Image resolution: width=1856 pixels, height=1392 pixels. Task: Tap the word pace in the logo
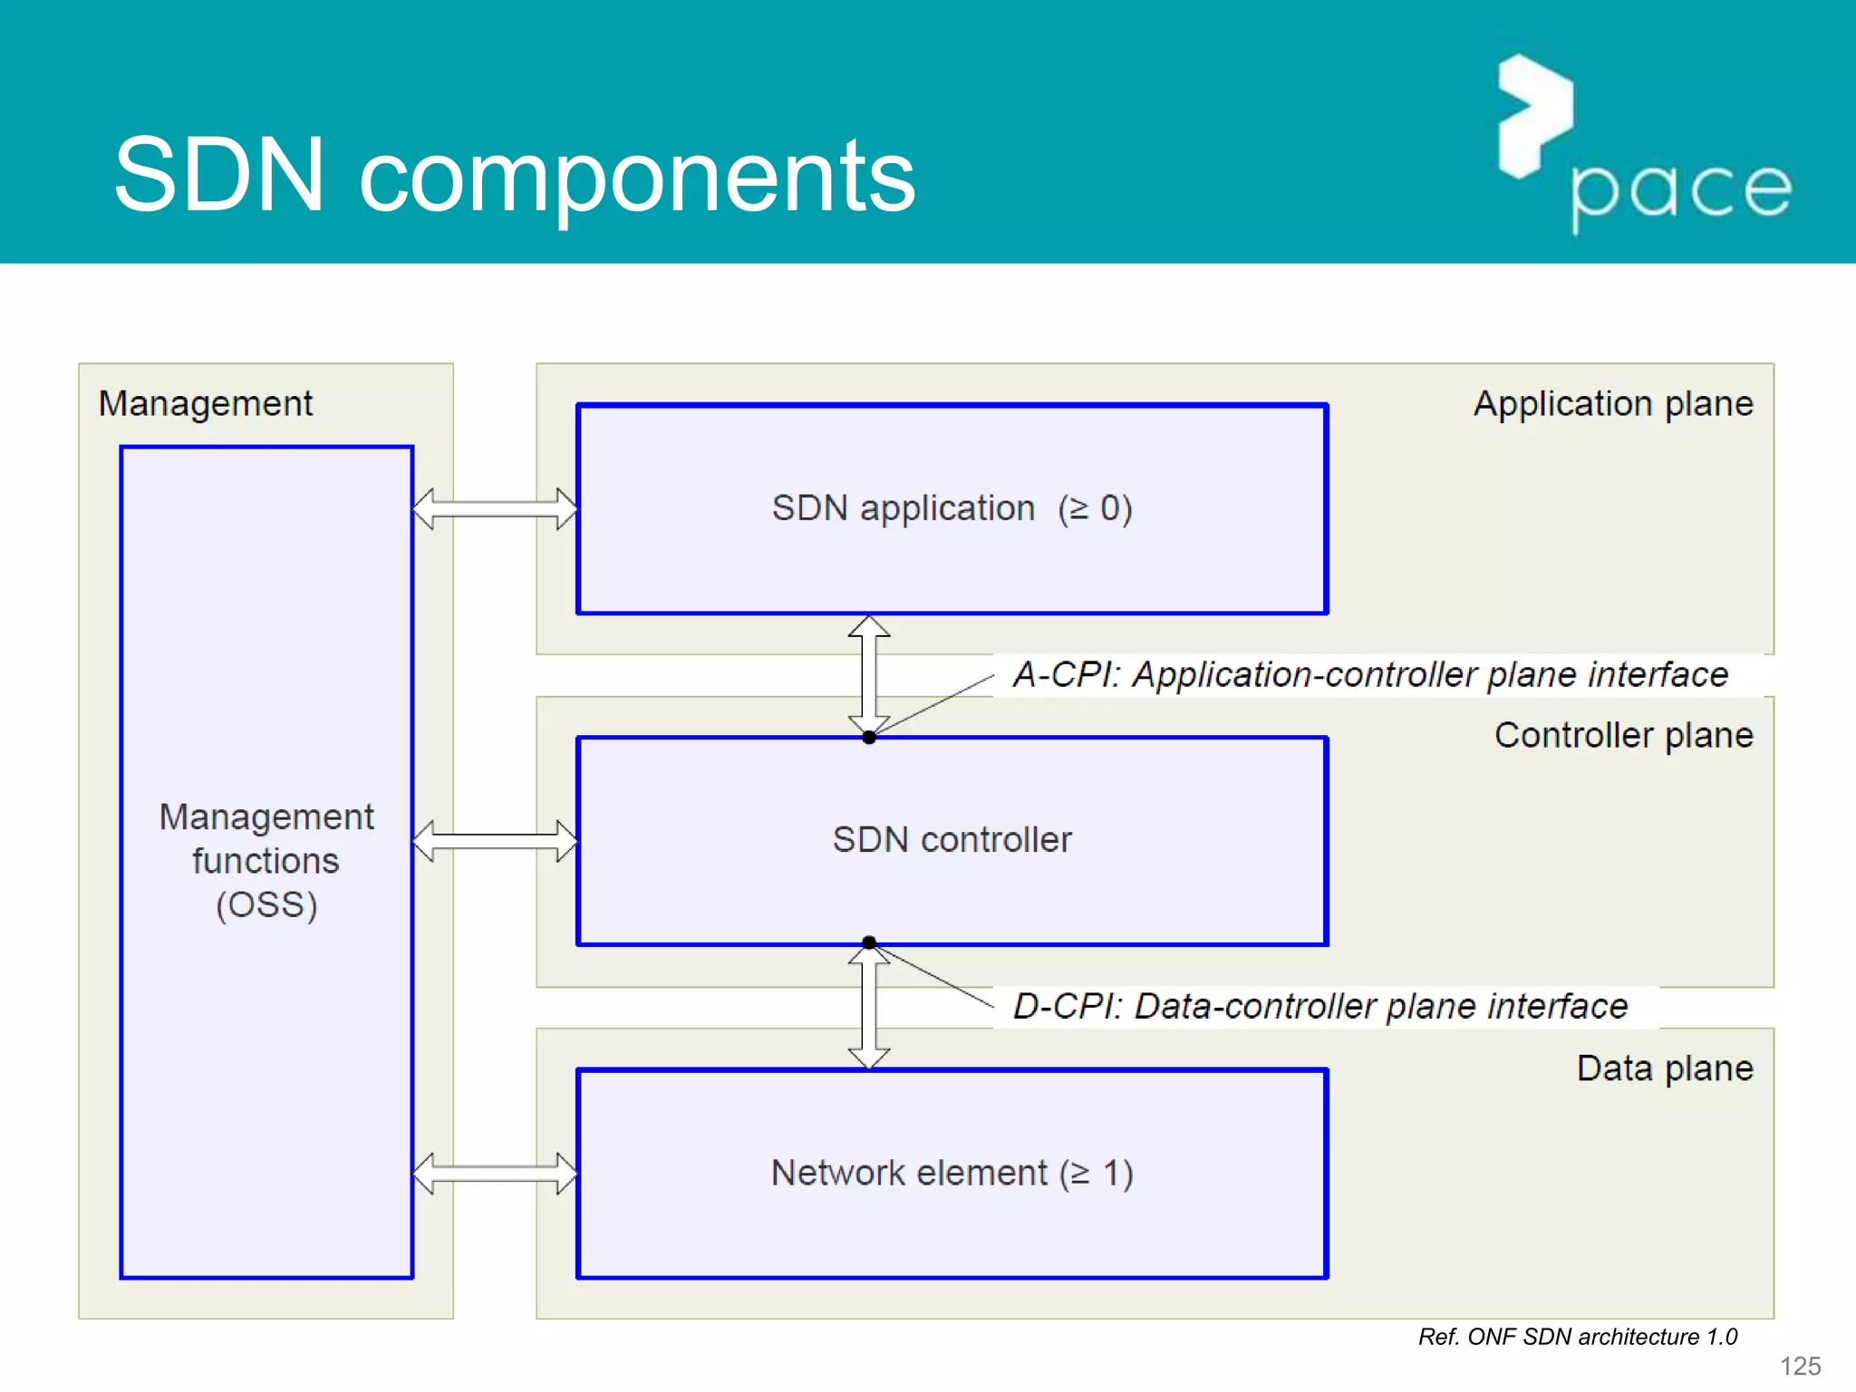1680,189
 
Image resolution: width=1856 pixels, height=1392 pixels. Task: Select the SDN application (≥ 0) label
952,508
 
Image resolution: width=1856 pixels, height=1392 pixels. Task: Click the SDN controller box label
952,840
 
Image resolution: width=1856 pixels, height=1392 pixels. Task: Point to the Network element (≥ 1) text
952,1174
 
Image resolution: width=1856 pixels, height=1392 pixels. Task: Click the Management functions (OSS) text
266,861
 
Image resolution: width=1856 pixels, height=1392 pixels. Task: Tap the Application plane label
1613,403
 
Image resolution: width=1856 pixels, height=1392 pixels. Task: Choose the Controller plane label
1623,735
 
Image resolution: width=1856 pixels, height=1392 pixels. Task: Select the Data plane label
1664,1068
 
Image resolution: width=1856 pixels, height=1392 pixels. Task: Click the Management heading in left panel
206,403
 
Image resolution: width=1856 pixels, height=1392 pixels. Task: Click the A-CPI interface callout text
1370,675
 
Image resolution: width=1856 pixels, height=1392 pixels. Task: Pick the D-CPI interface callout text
1320,1007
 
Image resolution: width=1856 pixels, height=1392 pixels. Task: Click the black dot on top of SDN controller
869,738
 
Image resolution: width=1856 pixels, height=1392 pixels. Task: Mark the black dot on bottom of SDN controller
869,942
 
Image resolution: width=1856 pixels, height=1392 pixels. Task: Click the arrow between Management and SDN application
495,508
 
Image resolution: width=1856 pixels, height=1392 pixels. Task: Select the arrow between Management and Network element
495,1174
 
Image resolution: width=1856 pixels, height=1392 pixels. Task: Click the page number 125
1800,1366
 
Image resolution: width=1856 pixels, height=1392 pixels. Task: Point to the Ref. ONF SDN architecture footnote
1577,1337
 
